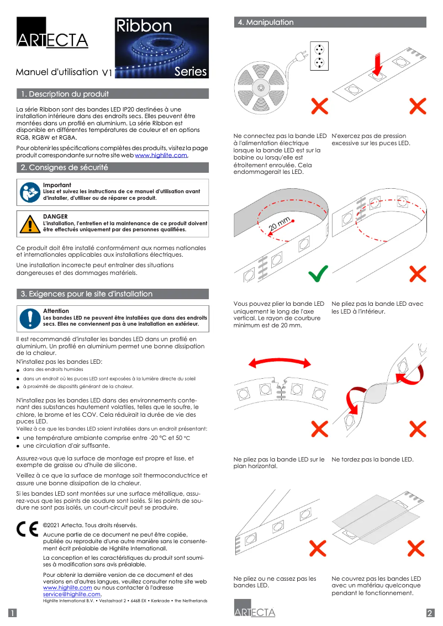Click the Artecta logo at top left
(52, 34)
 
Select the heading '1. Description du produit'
(65, 94)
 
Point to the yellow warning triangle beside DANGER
(29, 224)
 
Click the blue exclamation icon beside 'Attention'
(29, 319)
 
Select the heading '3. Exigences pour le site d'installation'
(87, 294)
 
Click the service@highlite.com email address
(72, 594)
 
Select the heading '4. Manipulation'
(266, 23)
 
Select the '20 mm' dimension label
(279, 225)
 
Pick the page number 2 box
(430, 613)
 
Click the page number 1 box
(12, 613)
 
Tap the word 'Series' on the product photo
(191, 71)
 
